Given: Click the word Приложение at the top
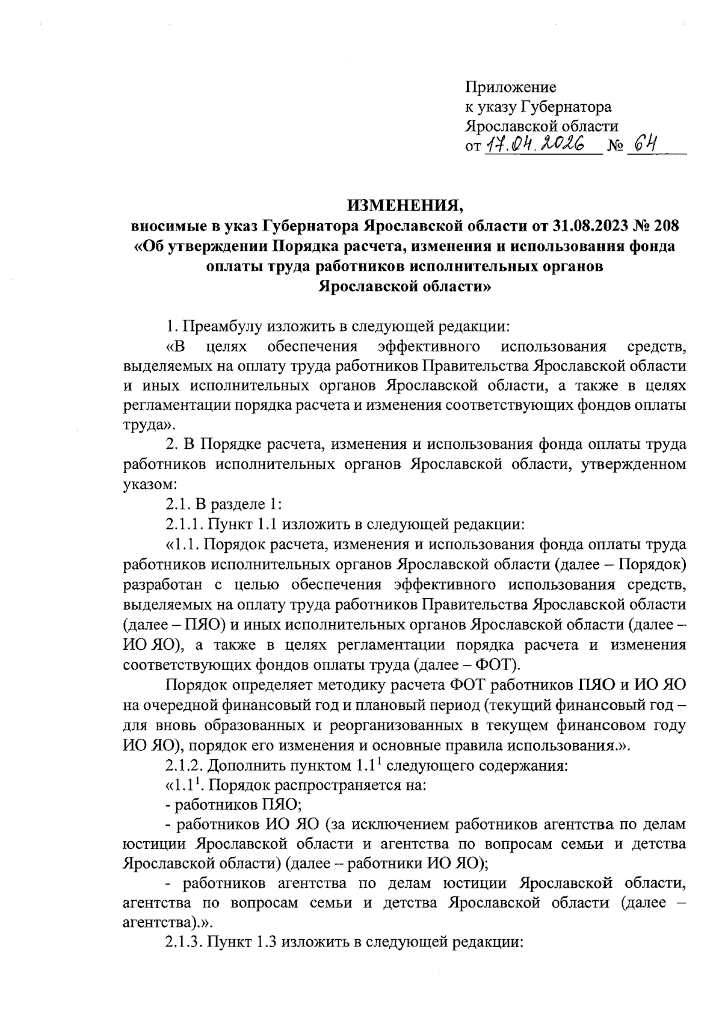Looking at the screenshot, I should pos(510,87).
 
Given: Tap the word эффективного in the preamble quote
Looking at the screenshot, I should pos(428,347).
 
